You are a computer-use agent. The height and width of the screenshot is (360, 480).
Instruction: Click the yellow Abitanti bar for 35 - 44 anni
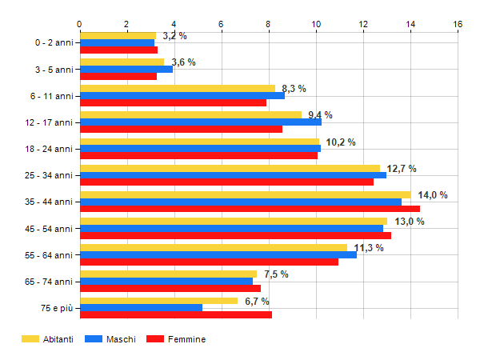[x=245, y=194]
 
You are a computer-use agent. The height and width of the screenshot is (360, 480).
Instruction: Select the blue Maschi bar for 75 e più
[x=141, y=307]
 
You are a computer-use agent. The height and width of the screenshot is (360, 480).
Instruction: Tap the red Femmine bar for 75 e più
[x=176, y=314]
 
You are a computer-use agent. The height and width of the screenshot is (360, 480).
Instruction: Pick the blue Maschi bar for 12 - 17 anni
[x=200, y=122]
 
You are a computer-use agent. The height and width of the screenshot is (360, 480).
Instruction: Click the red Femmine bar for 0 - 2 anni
[x=118, y=50]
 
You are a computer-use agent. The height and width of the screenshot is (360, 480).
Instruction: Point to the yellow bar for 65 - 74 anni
[x=168, y=274]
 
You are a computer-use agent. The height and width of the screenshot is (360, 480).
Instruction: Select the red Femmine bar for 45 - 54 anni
[x=235, y=235]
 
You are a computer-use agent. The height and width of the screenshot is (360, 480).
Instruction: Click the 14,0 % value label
[x=433, y=194]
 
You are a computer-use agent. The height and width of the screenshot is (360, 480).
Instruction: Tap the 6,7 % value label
[x=256, y=301]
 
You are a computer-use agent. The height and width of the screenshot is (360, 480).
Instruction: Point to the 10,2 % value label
[x=340, y=142]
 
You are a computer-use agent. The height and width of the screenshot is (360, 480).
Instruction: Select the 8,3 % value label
[x=294, y=88]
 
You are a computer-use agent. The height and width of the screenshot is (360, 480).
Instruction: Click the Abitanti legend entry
[x=48, y=339]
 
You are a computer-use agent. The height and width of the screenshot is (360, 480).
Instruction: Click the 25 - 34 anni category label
[x=49, y=175]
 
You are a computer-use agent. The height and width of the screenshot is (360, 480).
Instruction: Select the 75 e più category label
[x=55, y=307]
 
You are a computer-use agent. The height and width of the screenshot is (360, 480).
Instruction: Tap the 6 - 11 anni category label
[x=50, y=96]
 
